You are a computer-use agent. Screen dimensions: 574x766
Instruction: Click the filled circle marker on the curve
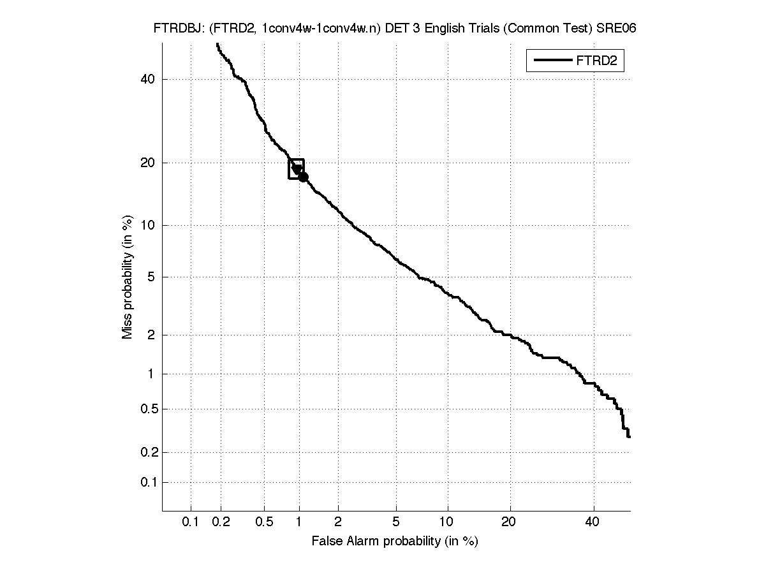304,177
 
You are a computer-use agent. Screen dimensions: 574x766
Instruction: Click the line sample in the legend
552,61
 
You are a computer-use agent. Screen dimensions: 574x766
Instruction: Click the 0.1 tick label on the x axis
191,522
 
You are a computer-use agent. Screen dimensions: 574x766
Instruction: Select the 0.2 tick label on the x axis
221,522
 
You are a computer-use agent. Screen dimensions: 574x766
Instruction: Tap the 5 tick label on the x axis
396,522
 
